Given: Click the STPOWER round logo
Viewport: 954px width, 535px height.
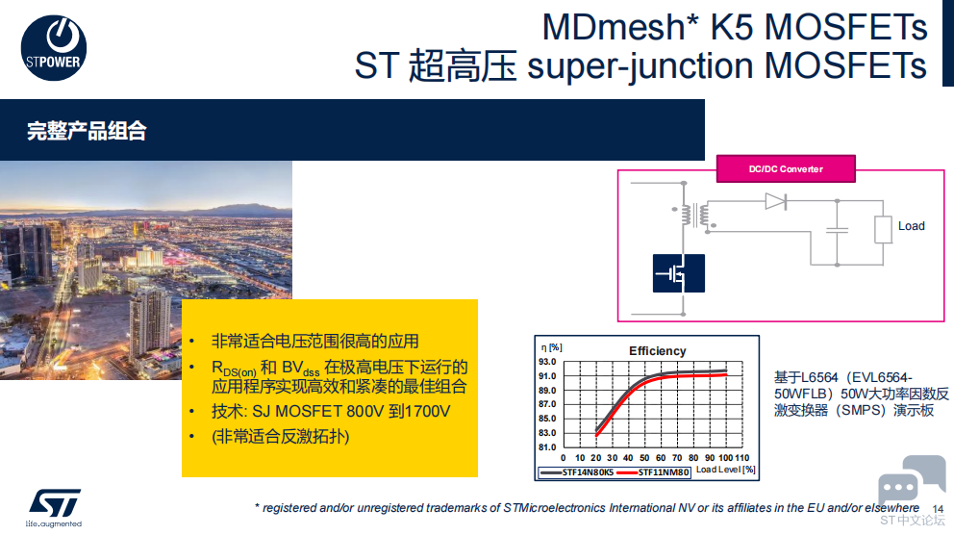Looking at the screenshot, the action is click(54, 48).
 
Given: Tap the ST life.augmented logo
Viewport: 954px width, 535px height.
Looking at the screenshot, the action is click(54, 508).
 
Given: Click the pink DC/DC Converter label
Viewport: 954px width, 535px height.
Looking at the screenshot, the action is click(786, 168).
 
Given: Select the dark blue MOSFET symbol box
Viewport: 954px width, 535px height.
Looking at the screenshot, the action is click(678, 273).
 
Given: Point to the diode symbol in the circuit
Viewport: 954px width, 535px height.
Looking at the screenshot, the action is click(776, 201).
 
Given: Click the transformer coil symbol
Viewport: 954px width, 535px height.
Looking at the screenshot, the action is click(694, 215).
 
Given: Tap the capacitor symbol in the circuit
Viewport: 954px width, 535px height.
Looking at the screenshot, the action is click(838, 230).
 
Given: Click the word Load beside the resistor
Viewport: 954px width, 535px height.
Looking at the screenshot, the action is click(912, 226).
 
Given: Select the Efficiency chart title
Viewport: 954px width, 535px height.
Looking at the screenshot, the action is click(657, 350).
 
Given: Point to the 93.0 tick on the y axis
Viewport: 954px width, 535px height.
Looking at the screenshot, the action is click(547, 362).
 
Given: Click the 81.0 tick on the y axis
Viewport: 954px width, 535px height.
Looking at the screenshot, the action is click(547, 447).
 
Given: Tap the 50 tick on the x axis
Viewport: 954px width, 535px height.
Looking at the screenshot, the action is click(644, 458).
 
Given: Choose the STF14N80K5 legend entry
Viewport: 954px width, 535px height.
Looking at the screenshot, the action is click(576, 472).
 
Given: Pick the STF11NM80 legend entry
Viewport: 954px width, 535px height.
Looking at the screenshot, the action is click(652, 472).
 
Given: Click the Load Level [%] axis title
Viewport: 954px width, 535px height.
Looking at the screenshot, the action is click(726, 470).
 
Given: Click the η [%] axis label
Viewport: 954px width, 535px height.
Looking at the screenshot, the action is click(551, 347).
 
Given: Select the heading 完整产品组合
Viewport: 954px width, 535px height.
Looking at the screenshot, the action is click(87, 131).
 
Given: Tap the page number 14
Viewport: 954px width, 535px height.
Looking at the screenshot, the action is click(938, 509).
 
